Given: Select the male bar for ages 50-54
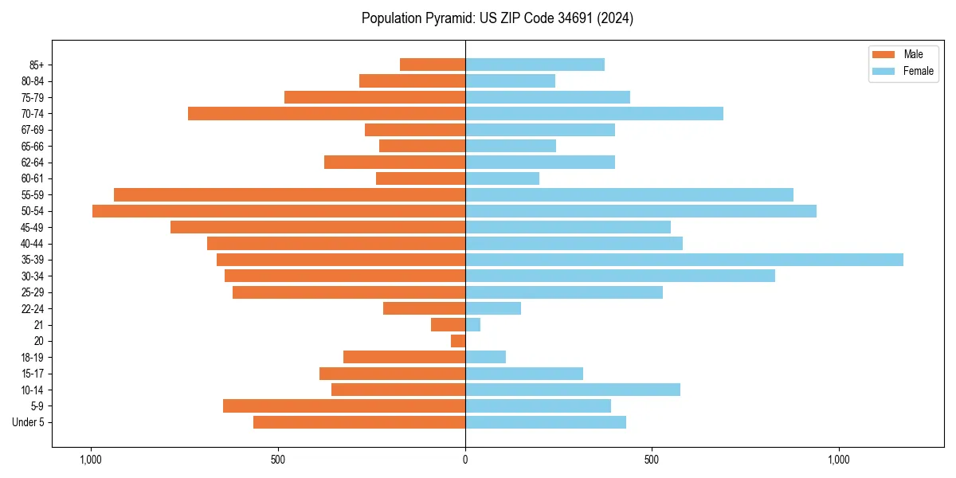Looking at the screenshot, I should pyautogui.click(x=279, y=211).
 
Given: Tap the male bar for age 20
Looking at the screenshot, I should pyautogui.click(x=458, y=341).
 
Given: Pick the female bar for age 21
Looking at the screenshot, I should pyautogui.click(x=473, y=325).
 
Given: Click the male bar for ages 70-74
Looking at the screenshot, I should pyautogui.click(x=327, y=113).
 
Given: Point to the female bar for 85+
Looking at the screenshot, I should pyautogui.click(x=535, y=65).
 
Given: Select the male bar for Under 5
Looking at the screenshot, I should pyautogui.click(x=359, y=422).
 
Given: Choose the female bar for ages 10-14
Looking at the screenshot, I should pyautogui.click(x=573, y=390).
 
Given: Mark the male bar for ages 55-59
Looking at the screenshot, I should pyautogui.click(x=289, y=194).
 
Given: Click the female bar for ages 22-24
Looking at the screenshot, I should pyautogui.click(x=493, y=308).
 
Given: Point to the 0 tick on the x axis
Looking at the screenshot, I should pyautogui.click(x=465, y=460).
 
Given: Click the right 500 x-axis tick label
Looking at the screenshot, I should pyautogui.click(x=652, y=460).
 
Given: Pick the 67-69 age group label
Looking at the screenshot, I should pyautogui.click(x=33, y=130).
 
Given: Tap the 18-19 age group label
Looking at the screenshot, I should pyautogui.click(x=33, y=357).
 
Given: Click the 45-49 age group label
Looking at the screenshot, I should pyautogui.click(x=33, y=227).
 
